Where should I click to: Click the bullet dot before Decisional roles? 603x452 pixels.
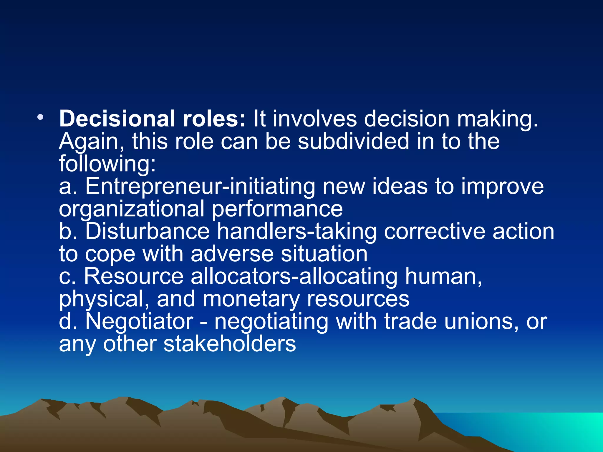[40, 117]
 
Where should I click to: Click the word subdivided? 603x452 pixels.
[353, 141]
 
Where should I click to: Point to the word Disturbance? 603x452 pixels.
[148, 231]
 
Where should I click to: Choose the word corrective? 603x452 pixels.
[434, 231]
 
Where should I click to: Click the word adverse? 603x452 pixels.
[232, 254]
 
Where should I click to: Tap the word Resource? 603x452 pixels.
[134, 276]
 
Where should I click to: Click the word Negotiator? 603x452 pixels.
[139, 321]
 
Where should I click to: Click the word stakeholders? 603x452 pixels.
[230, 344]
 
